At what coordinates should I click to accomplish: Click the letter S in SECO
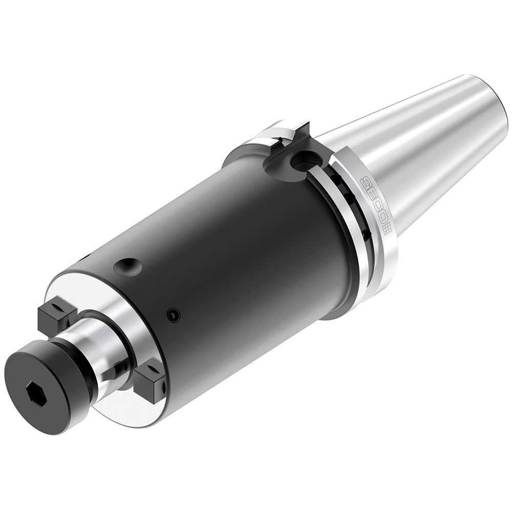[x=365, y=181]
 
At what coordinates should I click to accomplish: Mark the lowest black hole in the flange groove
[x=365, y=234]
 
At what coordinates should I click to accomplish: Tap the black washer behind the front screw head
[x=77, y=358]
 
